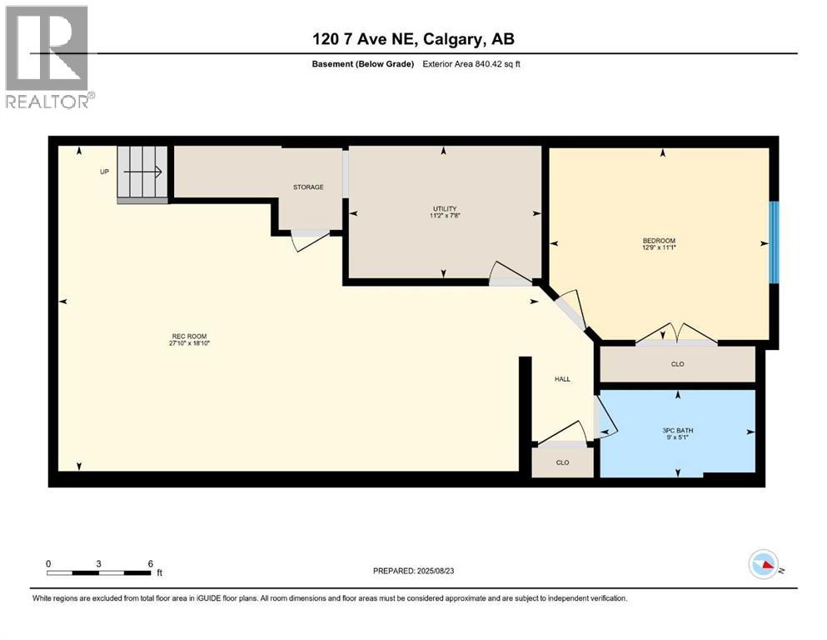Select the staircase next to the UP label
[143, 172]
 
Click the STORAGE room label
[307, 187]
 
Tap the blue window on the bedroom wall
[774, 242]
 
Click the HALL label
[563, 379]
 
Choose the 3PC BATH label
[677, 431]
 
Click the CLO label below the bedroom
[677, 364]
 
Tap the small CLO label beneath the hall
[562, 462]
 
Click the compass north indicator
[764, 566]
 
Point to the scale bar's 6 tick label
[150, 563]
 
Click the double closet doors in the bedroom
[675, 334]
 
